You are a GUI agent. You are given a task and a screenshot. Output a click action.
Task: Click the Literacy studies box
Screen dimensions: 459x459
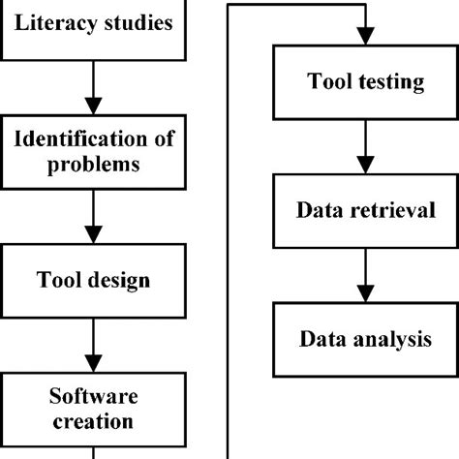coord(93,23)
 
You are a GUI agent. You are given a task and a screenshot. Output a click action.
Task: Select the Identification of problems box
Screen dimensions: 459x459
coord(93,152)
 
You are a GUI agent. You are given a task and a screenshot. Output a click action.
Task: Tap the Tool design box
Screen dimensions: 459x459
coord(93,281)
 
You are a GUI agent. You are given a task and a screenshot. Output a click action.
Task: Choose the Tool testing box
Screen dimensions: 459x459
coord(365,82)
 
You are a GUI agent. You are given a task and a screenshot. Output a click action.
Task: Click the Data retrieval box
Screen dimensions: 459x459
coord(365,210)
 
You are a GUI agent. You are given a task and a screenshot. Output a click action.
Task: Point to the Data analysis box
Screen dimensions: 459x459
coord(365,339)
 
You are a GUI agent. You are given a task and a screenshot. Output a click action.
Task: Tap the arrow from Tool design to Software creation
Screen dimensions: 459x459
coord(93,345)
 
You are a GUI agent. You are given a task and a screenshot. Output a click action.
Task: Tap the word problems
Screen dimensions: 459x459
coord(94,165)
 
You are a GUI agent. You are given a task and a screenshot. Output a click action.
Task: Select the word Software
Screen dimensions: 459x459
coord(93,396)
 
